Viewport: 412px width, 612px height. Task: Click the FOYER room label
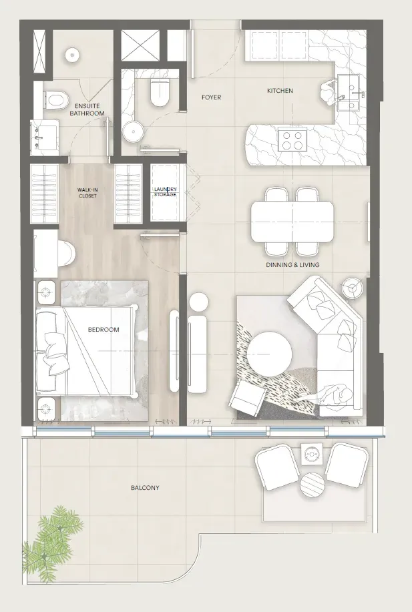coord(211,97)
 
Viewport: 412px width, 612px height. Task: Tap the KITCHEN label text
coord(280,91)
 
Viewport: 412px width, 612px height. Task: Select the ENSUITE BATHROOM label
coord(90,109)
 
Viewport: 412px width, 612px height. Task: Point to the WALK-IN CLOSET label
coord(87,193)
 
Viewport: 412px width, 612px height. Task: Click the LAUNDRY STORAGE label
coord(165,192)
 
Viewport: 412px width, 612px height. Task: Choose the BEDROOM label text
coord(104,330)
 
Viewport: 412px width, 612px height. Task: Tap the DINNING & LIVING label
coord(293,265)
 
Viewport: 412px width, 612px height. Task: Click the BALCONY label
coord(145,487)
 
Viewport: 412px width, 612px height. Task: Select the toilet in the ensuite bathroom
coord(56,100)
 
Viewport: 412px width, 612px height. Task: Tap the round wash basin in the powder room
coord(132,130)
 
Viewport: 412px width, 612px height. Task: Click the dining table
coord(292,222)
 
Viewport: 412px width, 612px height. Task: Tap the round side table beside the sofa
coord(353,288)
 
